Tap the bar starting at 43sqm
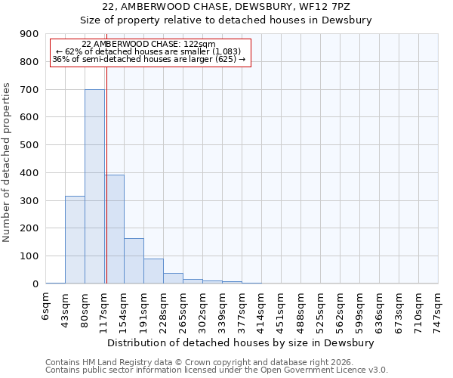75,240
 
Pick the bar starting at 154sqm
134,261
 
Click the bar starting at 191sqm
153,271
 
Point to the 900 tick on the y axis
29,34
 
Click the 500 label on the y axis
29,145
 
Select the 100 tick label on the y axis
29,256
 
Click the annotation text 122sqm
149,45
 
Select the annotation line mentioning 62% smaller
149,51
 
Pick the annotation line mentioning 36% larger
149,59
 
